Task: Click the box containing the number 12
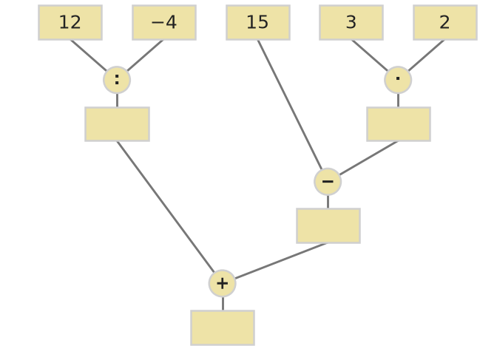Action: [70, 22]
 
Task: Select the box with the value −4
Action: [164, 22]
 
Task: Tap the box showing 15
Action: [258, 22]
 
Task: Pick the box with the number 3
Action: [351, 22]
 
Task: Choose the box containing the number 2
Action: [445, 22]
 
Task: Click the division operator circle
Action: [117, 80]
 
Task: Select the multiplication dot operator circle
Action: [398, 80]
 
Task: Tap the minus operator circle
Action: [328, 182]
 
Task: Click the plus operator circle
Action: [222, 283]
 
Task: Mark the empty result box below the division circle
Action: [118, 124]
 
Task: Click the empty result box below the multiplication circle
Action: [399, 124]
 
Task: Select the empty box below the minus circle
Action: [328, 226]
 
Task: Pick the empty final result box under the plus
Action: [223, 327]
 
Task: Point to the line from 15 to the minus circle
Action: [290, 105]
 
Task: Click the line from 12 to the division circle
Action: [89, 55]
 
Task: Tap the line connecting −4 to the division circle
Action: [145, 55]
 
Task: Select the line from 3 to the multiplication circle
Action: [370, 55]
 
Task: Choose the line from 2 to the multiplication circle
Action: [426, 55]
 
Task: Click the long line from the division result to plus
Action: [166, 207]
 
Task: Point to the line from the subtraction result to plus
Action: [281, 261]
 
